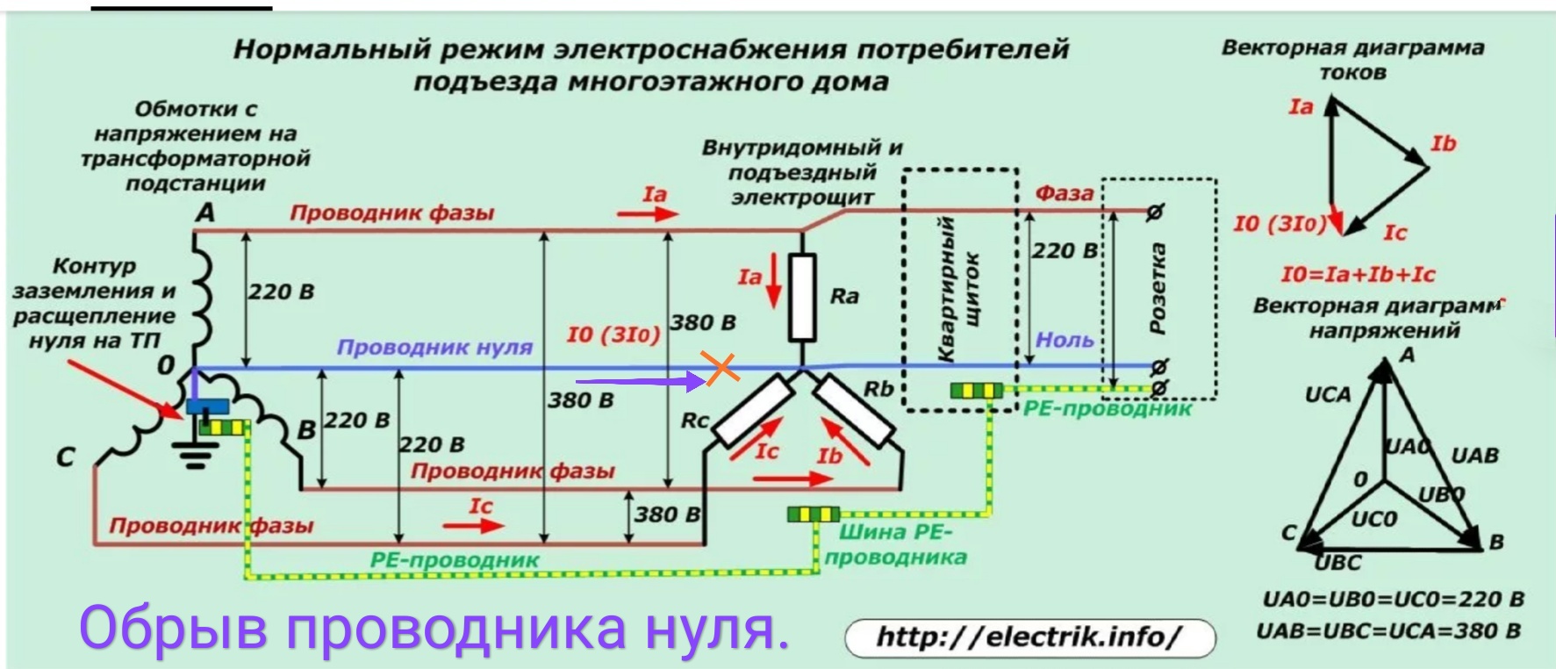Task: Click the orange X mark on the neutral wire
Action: (x=721, y=368)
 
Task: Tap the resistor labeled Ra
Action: (x=802, y=297)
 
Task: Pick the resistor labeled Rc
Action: (x=753, y=410)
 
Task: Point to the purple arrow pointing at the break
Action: (x=640, y=382)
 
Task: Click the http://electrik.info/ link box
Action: (x=1029, y=637)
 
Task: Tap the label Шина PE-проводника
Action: (x=895, y=544)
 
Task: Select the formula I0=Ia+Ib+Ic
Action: (x=1358, y=274)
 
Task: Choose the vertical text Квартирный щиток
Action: (x=958, y=290)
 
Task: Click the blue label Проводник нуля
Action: (x=434, y=348)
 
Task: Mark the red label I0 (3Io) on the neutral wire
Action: (x=613, y=334)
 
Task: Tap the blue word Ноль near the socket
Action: (x=1065, y=340)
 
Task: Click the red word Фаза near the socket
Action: (x=1065, y=192)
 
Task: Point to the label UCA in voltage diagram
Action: (x=1327, y=395)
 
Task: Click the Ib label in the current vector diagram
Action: (x=1443, y=143)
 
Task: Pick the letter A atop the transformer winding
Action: (x=205, y=212)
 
